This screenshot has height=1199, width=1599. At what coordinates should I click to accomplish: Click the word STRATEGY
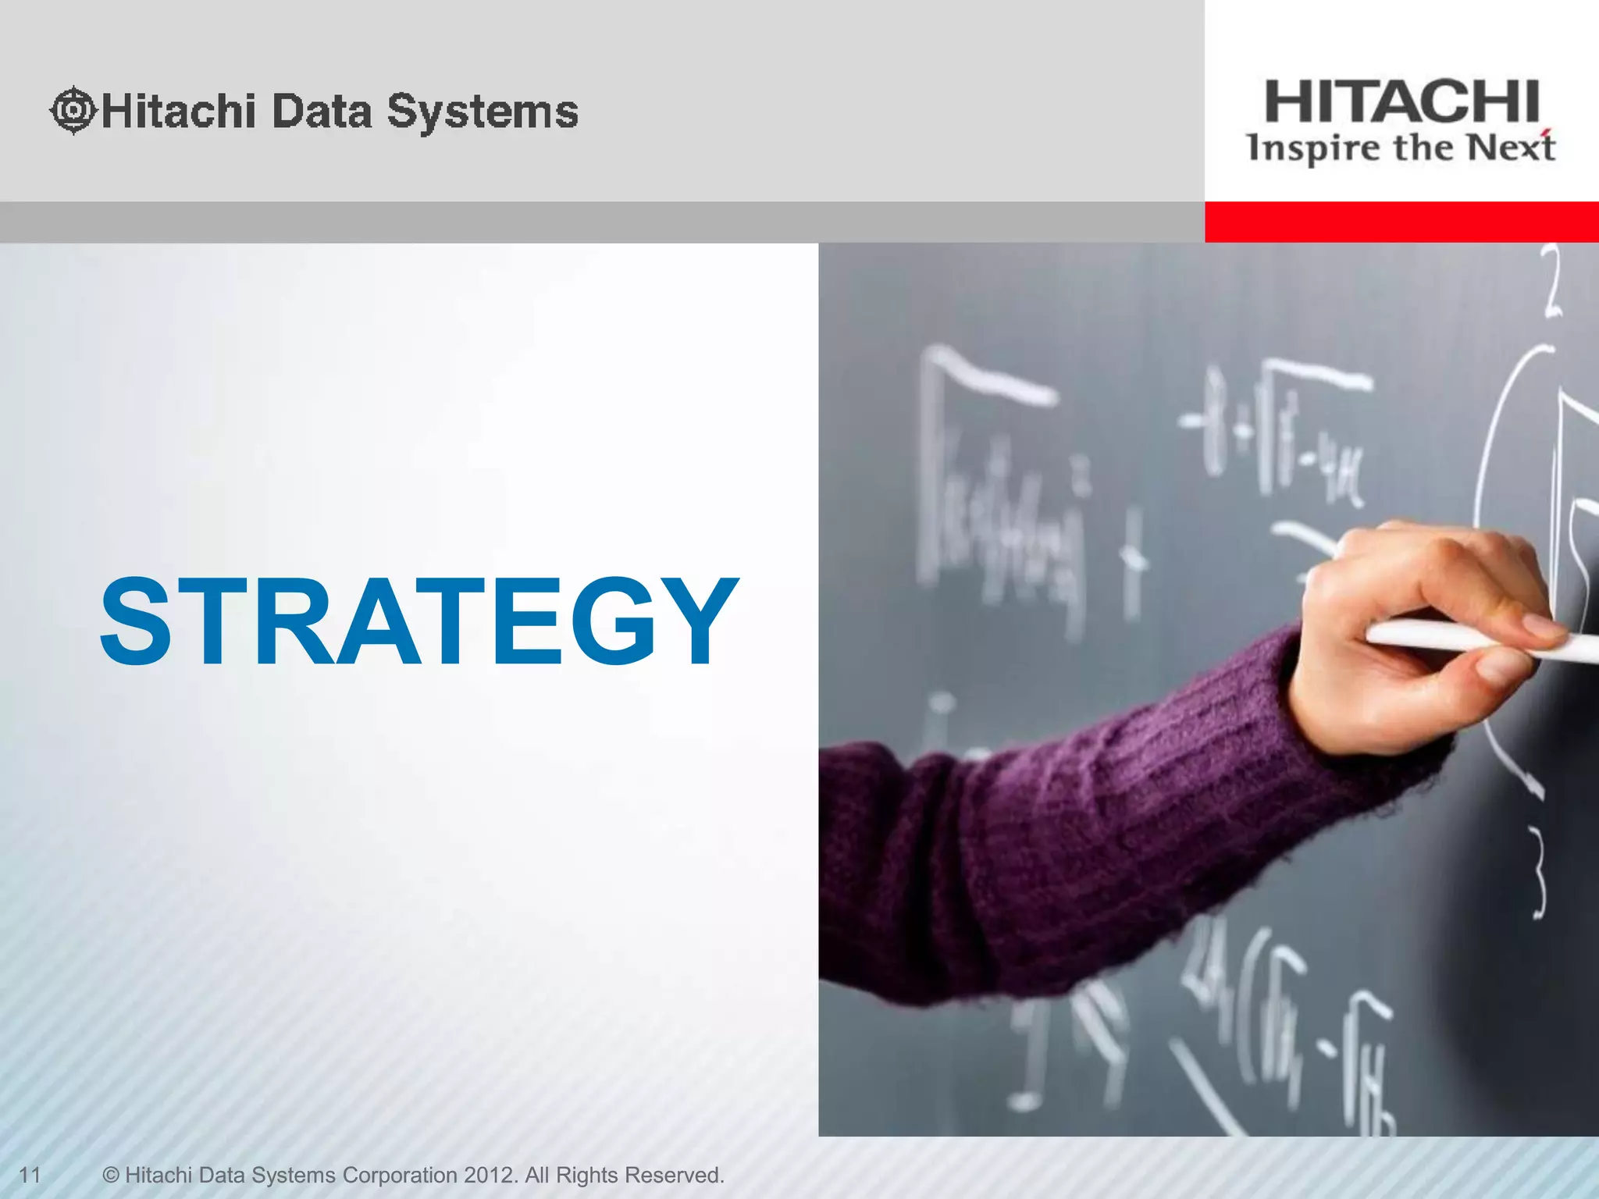[x=419, y=621]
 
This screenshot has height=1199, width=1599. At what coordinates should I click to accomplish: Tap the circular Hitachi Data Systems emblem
[x=73, y=110]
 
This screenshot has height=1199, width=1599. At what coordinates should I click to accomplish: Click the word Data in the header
[x=322, y=111]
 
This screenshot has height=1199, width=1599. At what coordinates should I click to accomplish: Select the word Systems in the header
[x=483, y=112]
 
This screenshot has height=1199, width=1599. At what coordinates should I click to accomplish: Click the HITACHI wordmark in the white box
[x=1401, y=102]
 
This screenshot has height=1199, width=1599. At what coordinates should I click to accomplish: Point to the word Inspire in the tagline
[x=1312, y=148]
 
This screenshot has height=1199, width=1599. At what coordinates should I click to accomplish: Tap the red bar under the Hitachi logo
[x=1401, y=222]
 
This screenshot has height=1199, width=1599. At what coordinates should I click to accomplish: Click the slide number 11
[x=30, y=1175]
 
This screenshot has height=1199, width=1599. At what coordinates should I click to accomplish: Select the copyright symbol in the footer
[x=111, y=1175]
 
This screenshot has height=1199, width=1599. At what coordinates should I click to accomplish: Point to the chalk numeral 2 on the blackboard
[x=1552, y=281]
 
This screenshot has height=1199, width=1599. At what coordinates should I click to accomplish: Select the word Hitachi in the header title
[x=179, y=111]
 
